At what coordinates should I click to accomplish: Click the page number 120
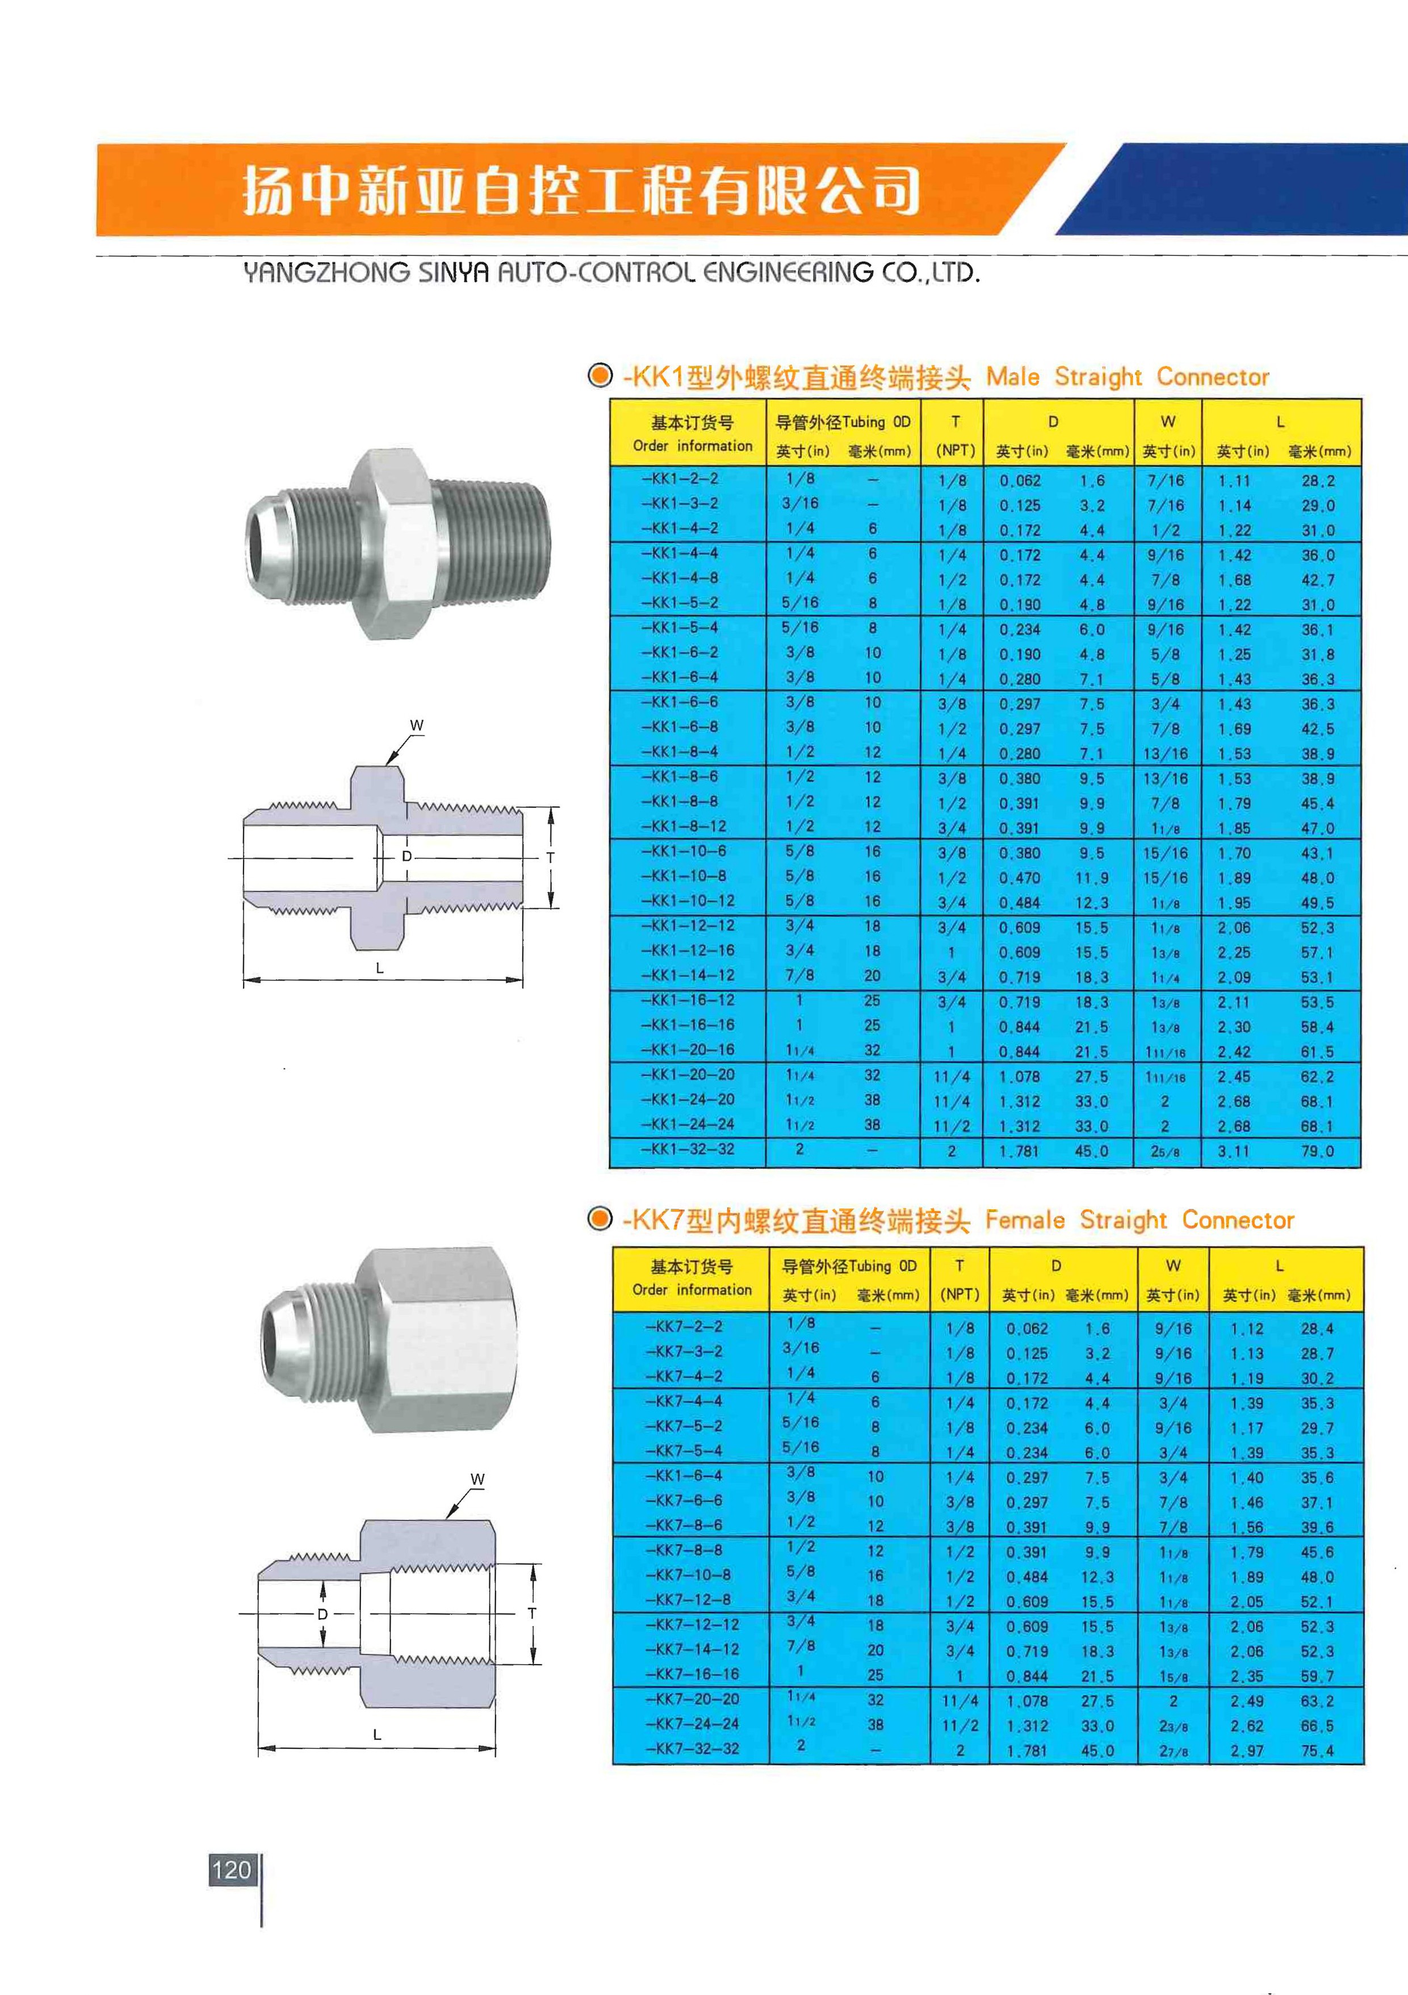tap(231, 1870)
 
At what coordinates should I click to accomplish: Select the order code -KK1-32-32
tap(688, 1150)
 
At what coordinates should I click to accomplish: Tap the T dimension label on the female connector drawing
tap(532, 1613)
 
